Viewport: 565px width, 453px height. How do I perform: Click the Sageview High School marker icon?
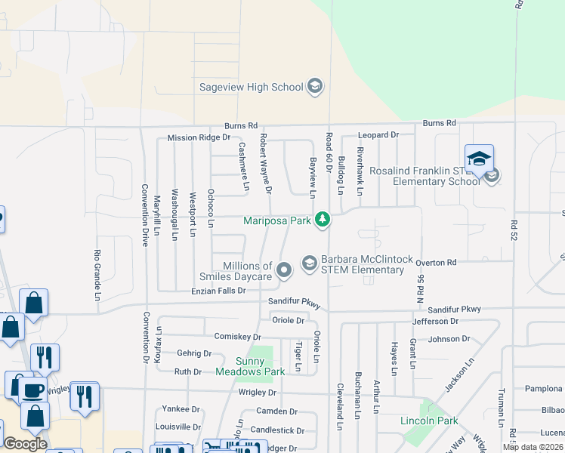click(314, 87)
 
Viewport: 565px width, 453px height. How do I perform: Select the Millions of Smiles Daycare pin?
click(284, 270)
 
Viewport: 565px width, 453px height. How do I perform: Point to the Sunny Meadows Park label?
click(250, 366)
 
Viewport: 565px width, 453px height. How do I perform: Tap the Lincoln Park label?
click(428, 420)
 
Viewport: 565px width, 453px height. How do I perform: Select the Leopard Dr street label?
click(378, 134)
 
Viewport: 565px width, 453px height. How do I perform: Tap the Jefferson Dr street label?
click(435, 321)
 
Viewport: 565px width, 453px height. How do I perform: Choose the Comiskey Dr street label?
click(237, 337)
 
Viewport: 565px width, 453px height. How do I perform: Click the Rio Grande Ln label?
click(97, 275)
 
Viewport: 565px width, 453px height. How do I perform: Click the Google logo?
click(24, 444)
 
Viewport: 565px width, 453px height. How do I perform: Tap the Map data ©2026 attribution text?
click(533, 447)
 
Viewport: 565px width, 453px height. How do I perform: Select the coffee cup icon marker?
click(32, 390)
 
